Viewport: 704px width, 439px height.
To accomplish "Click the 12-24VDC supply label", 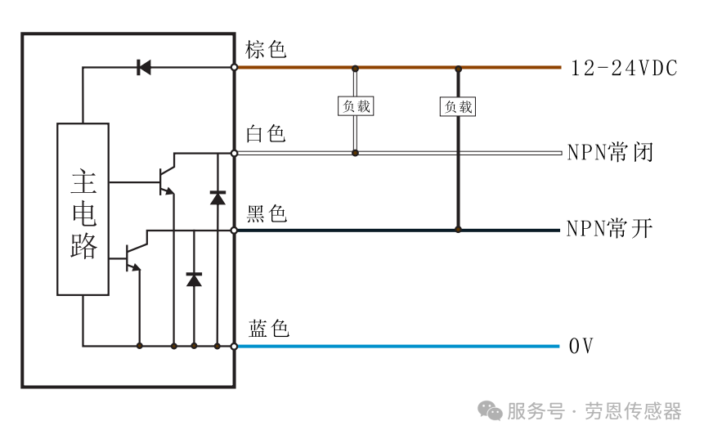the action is pos(624,68).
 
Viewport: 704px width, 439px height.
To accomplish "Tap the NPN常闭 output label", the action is pos(610,153).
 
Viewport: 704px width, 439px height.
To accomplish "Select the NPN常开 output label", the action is pos(609,229).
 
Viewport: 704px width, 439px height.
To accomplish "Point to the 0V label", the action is pos(581,346).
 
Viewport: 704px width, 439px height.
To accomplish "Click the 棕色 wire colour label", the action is pos(266,49).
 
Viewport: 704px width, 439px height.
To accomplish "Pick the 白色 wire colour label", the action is pos(266,134).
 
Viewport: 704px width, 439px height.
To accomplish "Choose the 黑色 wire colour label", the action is pos(267,213).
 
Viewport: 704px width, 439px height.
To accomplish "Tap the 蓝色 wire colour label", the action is pos(268,329).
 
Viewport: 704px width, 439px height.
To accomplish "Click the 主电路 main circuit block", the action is pos(83,209).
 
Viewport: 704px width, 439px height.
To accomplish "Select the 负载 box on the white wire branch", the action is pos(356,106).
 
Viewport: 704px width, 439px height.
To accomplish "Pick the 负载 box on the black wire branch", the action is pos(458,107).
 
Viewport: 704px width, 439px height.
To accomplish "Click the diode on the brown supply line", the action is pos(144,68).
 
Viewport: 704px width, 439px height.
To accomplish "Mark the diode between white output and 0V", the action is pos(217,198).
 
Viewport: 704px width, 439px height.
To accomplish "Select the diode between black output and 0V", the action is pos(194,280).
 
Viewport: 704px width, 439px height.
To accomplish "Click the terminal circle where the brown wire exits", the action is pos(234,67).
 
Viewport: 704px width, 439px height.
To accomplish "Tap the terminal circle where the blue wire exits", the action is pos(234,346).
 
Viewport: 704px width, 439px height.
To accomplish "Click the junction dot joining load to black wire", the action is pos(458,230).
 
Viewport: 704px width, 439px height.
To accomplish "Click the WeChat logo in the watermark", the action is pos(490,410).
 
